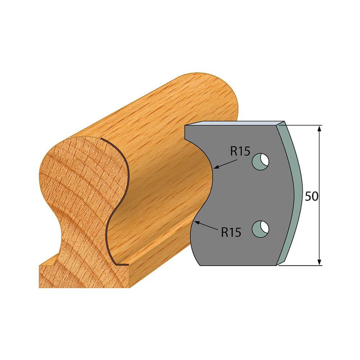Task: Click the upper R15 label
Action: [240, 152]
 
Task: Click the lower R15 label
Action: [231, 233]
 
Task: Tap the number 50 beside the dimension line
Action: [311, 196]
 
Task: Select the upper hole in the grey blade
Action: [261, 161]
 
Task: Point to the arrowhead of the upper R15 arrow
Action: [215, 168]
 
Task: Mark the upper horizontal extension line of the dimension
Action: [302, 125]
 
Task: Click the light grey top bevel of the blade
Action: [234, 123]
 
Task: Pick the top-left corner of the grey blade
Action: [185, 126]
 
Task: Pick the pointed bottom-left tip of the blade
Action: [199, 265]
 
